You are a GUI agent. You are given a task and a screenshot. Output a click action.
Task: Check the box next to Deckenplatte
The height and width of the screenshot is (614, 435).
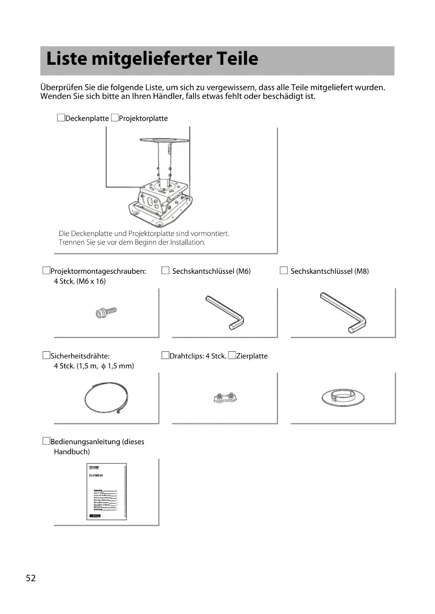61,118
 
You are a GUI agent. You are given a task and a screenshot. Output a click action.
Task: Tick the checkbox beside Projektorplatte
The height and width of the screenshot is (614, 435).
115,118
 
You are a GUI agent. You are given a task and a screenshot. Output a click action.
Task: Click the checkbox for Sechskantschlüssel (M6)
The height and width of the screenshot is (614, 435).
165,271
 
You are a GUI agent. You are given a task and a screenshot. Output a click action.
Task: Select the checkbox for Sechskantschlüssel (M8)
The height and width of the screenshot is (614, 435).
284,271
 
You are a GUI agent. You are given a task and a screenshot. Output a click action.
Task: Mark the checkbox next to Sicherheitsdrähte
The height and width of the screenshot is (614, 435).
46,356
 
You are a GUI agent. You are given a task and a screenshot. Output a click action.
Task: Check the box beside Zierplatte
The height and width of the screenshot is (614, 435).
232,356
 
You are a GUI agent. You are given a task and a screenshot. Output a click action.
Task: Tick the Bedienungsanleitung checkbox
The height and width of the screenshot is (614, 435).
46,441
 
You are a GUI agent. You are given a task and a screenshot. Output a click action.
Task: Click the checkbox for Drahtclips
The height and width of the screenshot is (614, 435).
165,356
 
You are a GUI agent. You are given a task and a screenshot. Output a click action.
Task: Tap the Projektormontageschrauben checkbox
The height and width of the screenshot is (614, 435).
46,271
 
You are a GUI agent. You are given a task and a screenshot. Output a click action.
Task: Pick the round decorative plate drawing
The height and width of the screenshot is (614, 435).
343,398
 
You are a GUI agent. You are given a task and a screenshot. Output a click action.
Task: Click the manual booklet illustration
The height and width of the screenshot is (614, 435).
107,491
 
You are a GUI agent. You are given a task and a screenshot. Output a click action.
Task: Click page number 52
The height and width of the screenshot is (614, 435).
31,578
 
